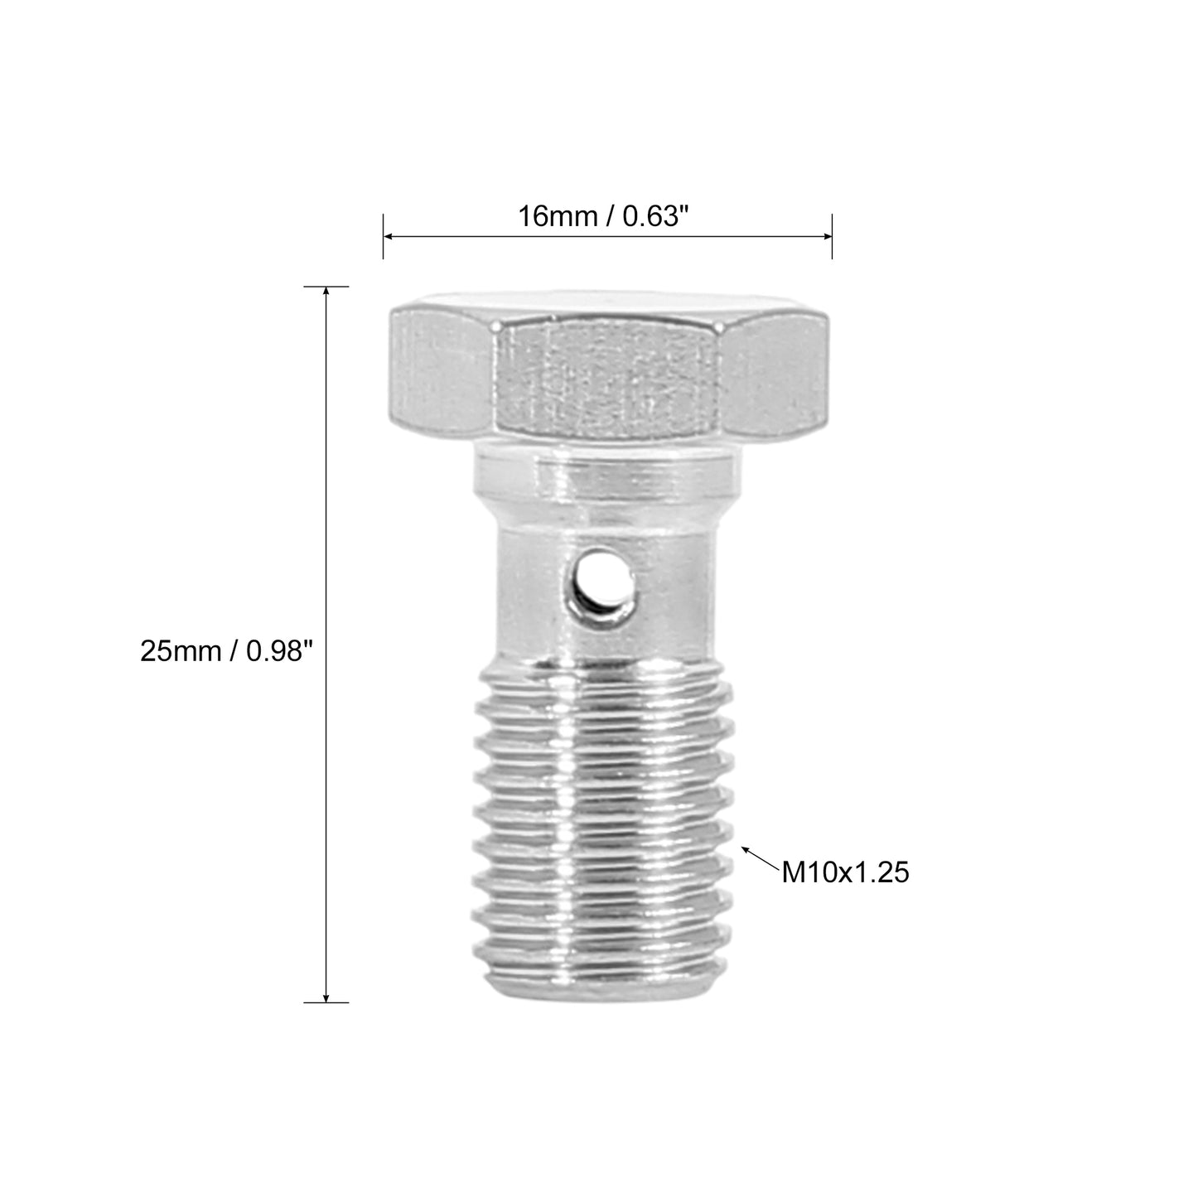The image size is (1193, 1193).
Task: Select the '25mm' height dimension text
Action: tap(180, 651)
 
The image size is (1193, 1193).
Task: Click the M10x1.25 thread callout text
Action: tap(845, 873)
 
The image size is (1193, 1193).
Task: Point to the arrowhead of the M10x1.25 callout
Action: tap(746, 849)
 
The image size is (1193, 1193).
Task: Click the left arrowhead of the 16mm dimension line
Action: tap(389, 236)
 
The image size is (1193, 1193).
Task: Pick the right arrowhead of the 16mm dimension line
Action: tap(826, 236)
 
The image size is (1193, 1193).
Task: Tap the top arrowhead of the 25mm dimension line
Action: tap(326, 292)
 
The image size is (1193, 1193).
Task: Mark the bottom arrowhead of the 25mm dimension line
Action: tap(326, 996)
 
